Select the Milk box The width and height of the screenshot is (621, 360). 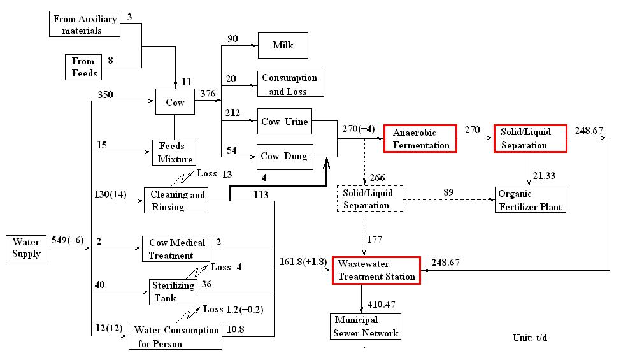tap(282, 46)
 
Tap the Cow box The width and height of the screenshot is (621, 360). tap(175, 102)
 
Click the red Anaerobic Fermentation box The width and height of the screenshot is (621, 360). tap(420, 139)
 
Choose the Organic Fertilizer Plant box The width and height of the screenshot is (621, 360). tap(529, 200)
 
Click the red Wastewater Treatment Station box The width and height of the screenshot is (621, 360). tap(378, 270)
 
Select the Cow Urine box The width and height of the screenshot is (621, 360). tap(284, 122)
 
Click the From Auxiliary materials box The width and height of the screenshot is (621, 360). tap(85, 24)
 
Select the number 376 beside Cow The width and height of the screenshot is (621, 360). tap(208, 94)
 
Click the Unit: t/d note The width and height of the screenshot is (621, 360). tap(529, 337)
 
